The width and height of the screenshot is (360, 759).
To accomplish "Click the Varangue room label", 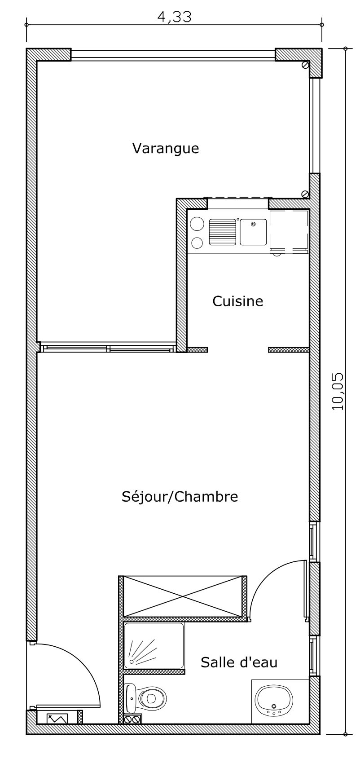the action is (x=165, y=148).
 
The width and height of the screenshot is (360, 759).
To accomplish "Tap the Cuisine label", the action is (x=238, y=301).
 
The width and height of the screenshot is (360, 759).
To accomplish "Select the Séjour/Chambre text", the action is (x=180, y=497).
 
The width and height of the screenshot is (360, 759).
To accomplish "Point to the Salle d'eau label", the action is (x=239, y=662).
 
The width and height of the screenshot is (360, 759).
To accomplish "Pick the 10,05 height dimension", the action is (x=337, y=392).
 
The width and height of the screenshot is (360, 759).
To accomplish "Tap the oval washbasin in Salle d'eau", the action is (x=274, y=699).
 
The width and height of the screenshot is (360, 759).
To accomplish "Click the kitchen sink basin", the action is (x=253, y=232).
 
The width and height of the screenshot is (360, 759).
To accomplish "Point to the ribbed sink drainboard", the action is (x=223, y=232).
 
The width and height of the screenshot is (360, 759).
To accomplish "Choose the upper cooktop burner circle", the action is (x=197, y=224).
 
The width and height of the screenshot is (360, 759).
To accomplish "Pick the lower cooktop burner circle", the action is (x=197, y=243).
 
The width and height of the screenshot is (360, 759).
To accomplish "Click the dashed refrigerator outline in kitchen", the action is (x=289, y=232).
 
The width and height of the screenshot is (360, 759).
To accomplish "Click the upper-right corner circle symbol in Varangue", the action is (x=306, y=65).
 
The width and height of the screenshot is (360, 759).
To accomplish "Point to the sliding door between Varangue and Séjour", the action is (x=107, y=349).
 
